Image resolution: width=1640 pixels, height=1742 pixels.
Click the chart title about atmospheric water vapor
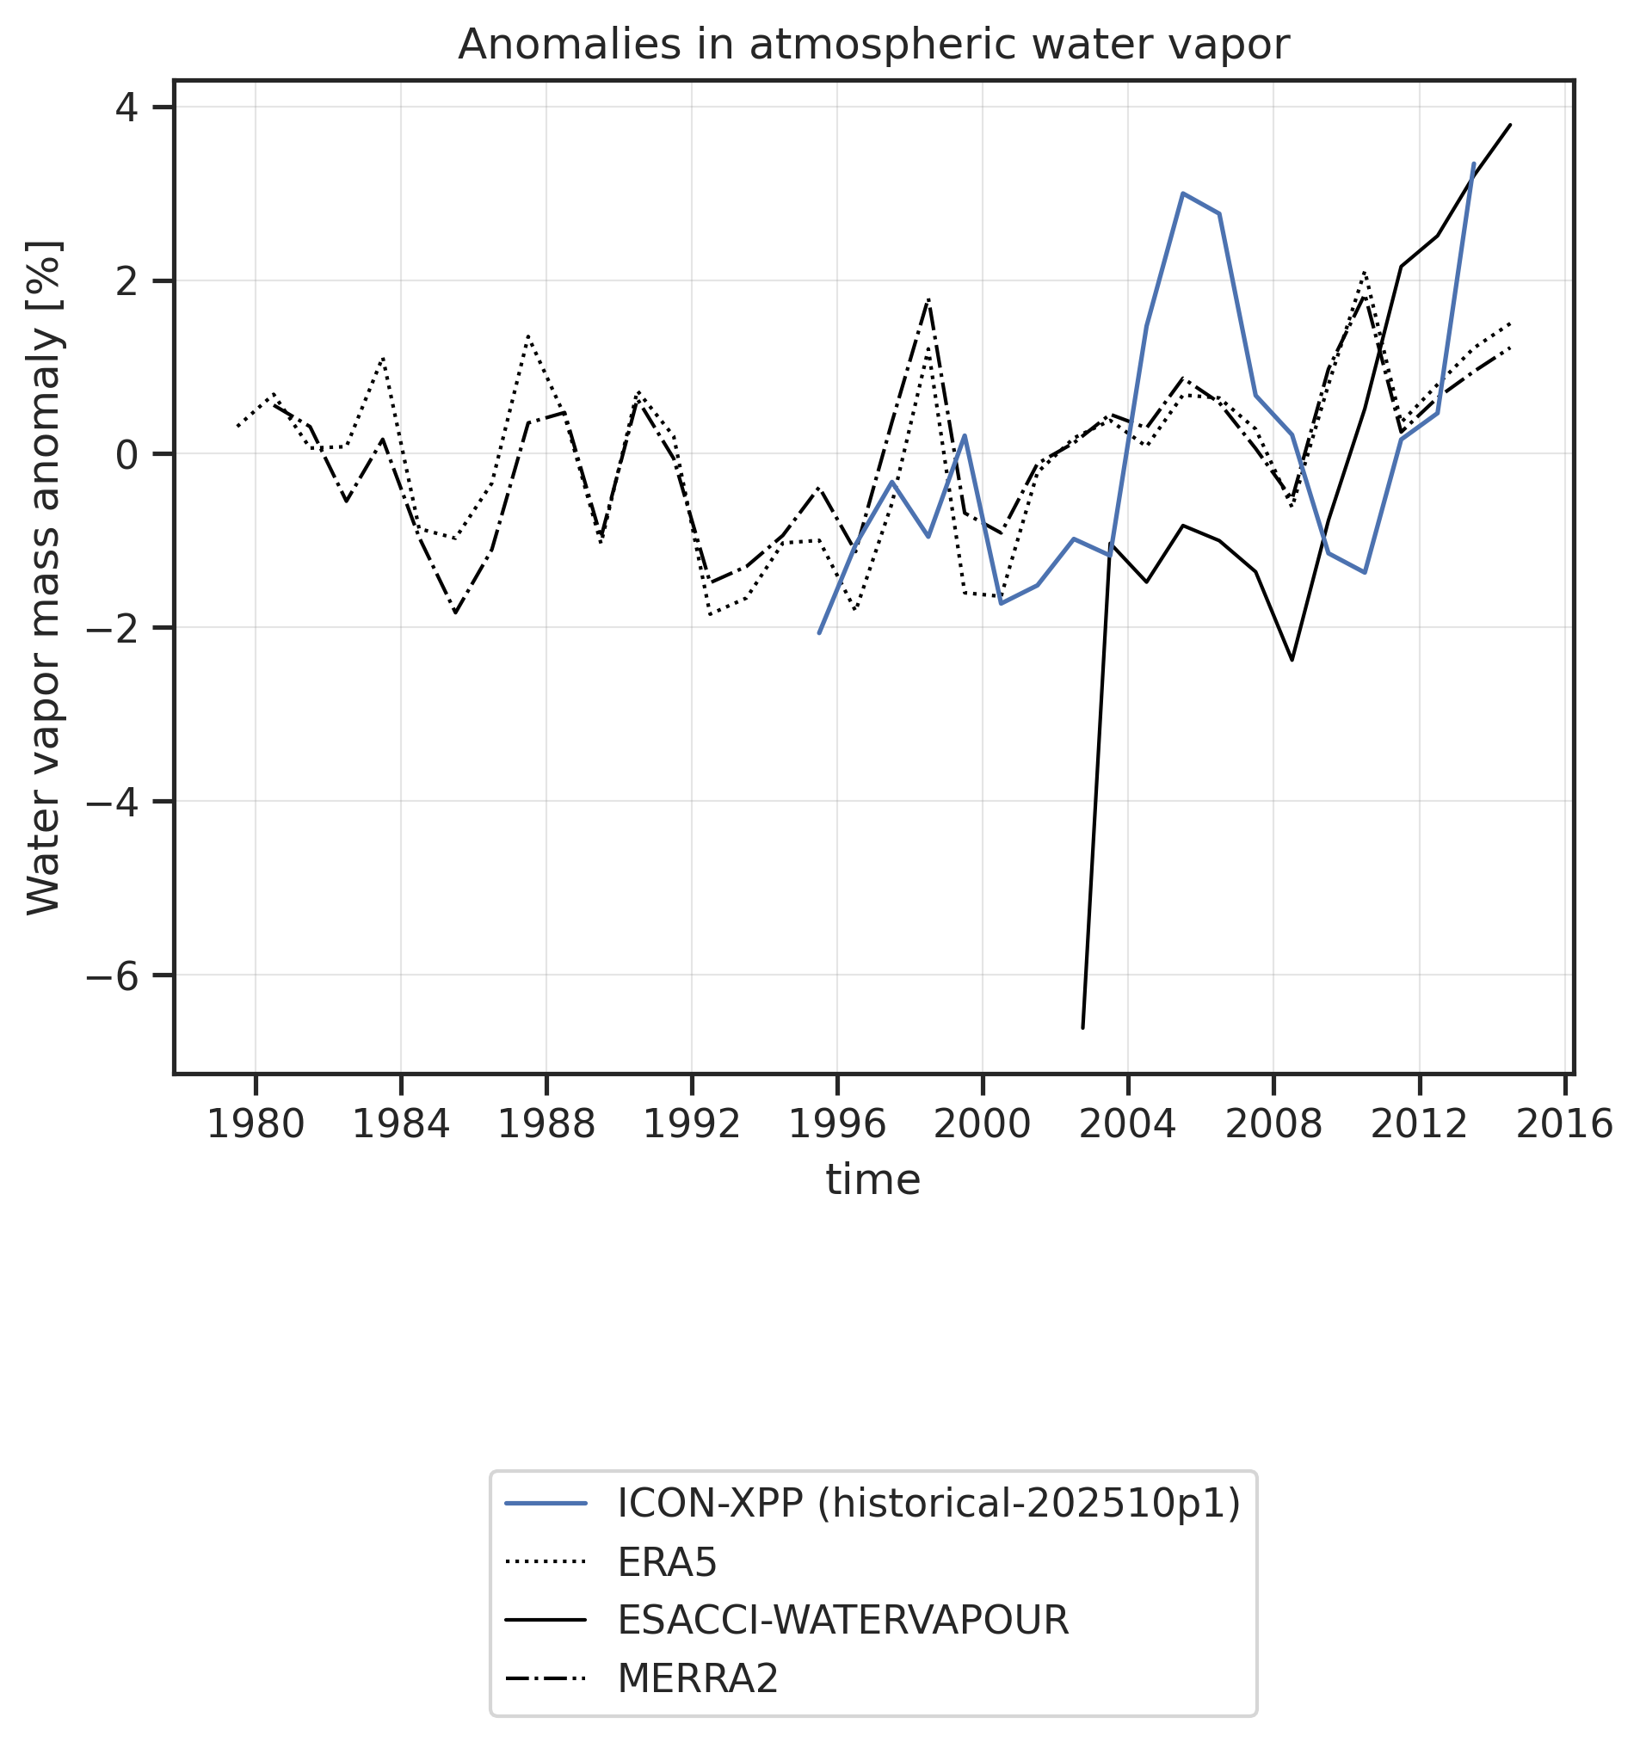click(873, 45)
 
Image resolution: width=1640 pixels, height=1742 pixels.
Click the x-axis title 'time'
click(873, 1180)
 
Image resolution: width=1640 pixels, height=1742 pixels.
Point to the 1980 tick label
click(255, 1124)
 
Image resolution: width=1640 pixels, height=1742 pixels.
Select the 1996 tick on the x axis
click(837, 1124)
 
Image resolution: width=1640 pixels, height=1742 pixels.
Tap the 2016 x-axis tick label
click(1564, 1124)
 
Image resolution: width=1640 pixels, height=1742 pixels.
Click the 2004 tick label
click(1128, 1124)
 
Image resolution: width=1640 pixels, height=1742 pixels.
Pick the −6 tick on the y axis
click(113, 976)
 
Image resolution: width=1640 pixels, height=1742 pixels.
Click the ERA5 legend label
click(667, 1562)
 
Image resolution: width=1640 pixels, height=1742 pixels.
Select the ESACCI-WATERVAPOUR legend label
click(843, 1621)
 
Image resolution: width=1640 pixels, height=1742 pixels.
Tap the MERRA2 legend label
click(698, 1680)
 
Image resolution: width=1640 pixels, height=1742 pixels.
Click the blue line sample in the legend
click(546, 1505)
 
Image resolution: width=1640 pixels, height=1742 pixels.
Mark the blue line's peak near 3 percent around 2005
click(1183, 193)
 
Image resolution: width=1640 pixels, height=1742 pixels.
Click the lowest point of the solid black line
click(1083, 1027)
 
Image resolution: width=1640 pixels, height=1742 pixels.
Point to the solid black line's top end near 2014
click(1510, 125)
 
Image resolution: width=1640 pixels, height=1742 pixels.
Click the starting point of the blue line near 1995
click(818, 632)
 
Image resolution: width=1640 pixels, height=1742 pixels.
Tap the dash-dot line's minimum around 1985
click(455, 612)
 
